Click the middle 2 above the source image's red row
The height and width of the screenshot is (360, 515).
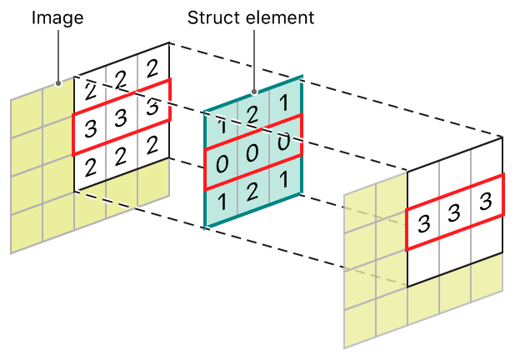(x=121, y=79)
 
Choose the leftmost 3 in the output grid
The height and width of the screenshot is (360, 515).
(x=422, y=223)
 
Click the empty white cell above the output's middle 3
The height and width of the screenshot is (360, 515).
(x=454, y=174)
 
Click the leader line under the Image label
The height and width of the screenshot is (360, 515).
(x=57, y=54)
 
